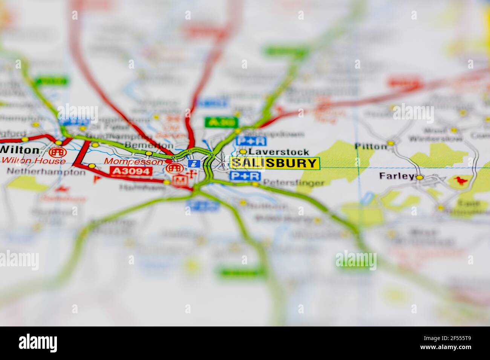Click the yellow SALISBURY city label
click(275, 163)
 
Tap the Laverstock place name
click(279, 152)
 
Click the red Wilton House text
click(33, 161)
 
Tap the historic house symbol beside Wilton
click(57, 152)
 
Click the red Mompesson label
click(135, 161)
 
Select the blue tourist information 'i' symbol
click(194, 163)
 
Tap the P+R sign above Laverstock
click(251, 142)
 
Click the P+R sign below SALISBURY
click(245, 176)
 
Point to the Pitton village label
click(371, 146)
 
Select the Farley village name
click(396, 176)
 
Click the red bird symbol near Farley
click(460, 181)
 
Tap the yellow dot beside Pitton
click(390, 143)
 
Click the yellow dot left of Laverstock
click(243, 152)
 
